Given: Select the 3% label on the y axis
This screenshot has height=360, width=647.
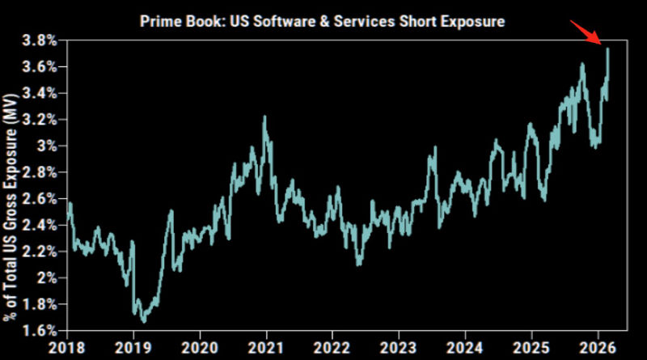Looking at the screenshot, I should pos(49,146).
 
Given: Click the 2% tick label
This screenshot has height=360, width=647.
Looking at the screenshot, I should pos(49,278).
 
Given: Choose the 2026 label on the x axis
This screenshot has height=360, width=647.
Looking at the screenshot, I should pos(597,348).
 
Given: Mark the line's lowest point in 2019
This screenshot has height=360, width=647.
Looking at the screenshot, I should pos(144,322).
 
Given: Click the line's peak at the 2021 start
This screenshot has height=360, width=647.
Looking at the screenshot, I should pos(264,117).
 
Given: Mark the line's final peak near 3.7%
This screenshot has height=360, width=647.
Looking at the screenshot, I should pos(607,49).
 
